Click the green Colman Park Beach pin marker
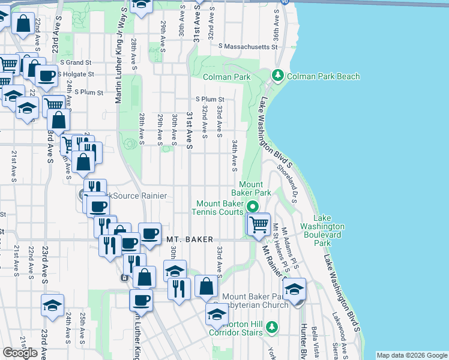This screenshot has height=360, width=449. (277, 76)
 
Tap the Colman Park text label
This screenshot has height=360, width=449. (226, 77)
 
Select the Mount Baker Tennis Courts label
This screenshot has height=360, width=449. (217, 207)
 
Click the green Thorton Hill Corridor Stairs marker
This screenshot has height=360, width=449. (273, 326)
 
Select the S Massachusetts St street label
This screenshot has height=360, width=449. (246, 46)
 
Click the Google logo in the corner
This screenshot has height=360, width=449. (20, 353)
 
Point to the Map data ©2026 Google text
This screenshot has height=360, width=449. (412, 355)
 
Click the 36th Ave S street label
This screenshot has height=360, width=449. (278, 23)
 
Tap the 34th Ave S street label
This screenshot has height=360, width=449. (234, 155)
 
